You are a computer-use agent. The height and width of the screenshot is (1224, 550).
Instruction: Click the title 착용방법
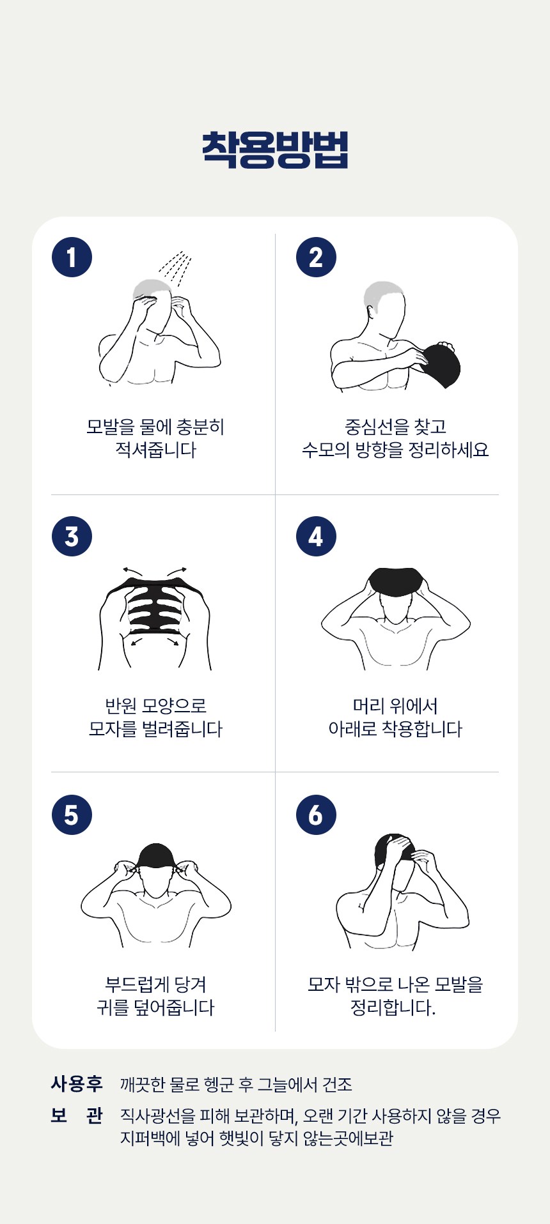pyautogui.click(x=275, y=150)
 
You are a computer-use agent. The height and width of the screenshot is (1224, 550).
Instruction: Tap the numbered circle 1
pyautogui.click(x=72, y=257)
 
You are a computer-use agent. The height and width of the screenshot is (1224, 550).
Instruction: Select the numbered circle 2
pyautogui.click(x=316, y=257)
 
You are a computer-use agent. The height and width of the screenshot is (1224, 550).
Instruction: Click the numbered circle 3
pyautogui.click(x=72, y=536)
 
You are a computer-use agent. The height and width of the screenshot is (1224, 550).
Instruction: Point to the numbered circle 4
pyautogui.click(x=316, y=536)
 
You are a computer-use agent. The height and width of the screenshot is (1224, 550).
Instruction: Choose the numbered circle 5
pyautogui.click(x=72, y=815)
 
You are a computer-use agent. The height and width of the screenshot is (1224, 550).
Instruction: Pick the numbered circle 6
pyautogui.click(x=316, y=815)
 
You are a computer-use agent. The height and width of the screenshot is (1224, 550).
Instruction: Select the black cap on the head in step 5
pyautogui.click(x=155, y=855)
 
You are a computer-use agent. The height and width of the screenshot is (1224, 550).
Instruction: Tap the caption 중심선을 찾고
pyautogui.click(x=395, y=427)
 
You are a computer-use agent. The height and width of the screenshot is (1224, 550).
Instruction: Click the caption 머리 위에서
pyautogui.click(x=395, y=706)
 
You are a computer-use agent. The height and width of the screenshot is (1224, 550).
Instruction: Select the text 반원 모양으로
pyautogui.click(x=155, y=706)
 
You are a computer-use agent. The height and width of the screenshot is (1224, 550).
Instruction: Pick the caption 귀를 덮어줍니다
pyautogui.click(x=155, y=1007)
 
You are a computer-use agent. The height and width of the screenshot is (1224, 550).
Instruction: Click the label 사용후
pyautogui.click(x=77, y=1083)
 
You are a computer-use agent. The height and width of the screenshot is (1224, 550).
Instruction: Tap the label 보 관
pyautogui.click(x=77, y=1115)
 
